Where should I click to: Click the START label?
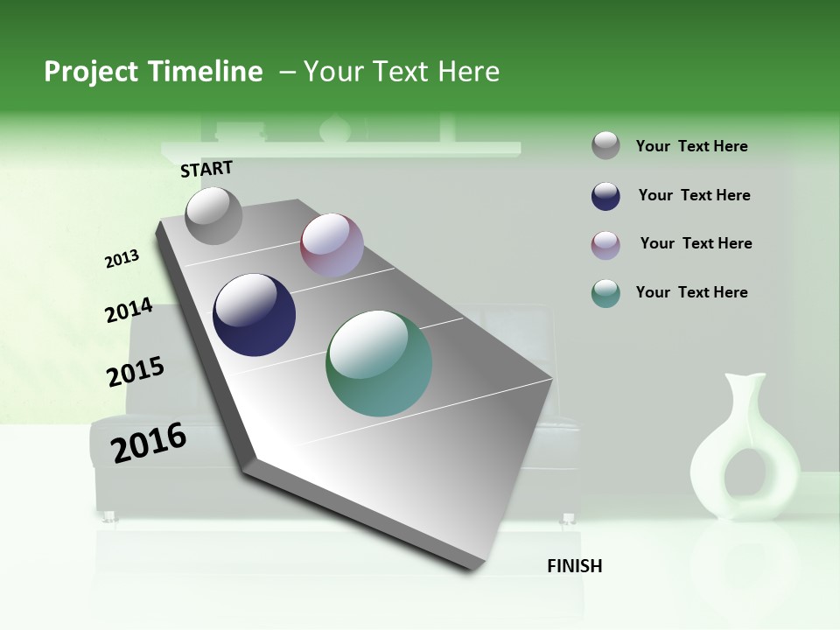click(206, 169)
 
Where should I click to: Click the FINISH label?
click(574, 566)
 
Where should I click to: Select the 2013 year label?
click(122, 259)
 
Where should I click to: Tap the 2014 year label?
click(129, 311)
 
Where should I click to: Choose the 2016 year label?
click(149, 442)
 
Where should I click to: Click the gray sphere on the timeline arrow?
click(214, 215)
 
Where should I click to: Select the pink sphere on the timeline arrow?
click(332, 245)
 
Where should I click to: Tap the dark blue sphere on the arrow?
click(255, 315)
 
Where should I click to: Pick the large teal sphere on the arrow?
click(379, 363)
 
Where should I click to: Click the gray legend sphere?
click(605, 146)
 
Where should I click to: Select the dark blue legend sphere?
click(605, 196)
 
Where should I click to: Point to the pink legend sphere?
click(605, 245)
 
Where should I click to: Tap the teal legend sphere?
click(605, 293)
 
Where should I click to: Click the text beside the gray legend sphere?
click(691, 146)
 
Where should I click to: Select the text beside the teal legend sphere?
click(691, 292)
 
